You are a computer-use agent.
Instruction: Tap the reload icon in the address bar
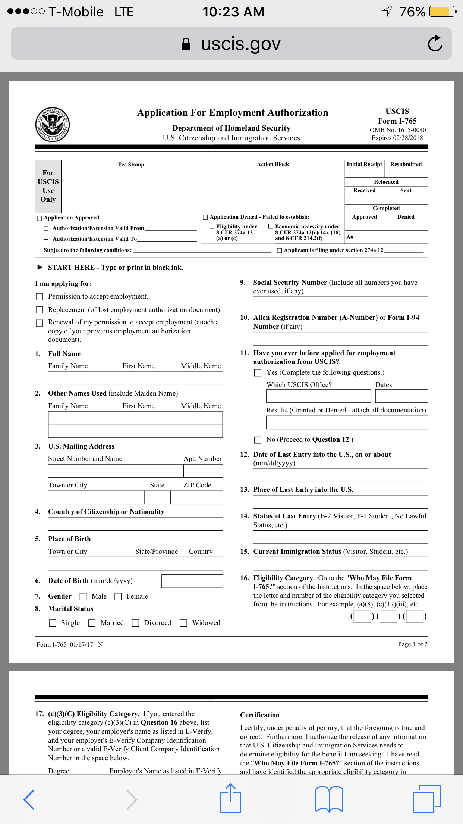click(435, 44)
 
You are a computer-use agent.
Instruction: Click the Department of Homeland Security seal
click(53, 125)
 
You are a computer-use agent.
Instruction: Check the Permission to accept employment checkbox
click(40, 297)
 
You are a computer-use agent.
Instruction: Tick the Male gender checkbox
click(83, 597)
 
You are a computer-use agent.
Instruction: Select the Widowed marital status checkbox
click(183, 623)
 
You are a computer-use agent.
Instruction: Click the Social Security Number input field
click(340, 303)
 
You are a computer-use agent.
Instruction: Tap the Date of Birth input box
click(192, 581)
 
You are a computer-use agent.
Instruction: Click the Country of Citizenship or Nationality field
click(135, 524)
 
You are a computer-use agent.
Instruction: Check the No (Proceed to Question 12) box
click(258, 440)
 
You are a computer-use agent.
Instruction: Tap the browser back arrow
click(29, 799)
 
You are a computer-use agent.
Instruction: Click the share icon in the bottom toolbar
click(230, 799)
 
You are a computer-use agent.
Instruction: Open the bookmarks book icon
click(329, 799)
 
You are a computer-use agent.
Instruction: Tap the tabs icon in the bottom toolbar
click(426, 799)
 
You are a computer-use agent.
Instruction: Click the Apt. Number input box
click(203, 471)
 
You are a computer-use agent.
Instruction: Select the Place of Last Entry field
click(340, 502)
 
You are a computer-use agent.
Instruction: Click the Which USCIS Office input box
click(318, 396)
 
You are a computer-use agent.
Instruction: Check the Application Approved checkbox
click(40, 218)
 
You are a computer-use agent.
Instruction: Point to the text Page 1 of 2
click(412, 644)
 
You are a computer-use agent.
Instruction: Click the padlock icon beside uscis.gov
click(186, 44)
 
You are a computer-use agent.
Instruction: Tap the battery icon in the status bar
click(442, 12)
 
